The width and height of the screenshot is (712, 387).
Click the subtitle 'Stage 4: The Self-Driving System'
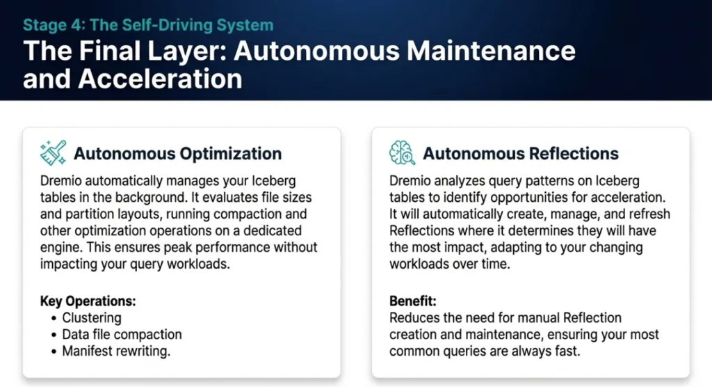click(x=148, y=25)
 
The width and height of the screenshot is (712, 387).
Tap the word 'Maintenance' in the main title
click(x=491, y=51)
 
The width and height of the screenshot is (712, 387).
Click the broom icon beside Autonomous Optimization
click(x=53, y=153)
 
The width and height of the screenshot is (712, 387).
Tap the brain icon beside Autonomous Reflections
click(x=402, y=153)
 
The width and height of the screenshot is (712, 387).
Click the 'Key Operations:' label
click(x=88, y=301)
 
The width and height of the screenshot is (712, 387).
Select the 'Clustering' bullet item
click(x=92, y=318)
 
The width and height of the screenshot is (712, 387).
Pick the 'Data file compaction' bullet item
click(x=122, y=335)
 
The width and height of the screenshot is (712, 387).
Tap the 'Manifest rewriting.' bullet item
click(x=116, y=351)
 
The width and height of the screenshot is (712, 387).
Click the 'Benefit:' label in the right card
click(x=413, y=301)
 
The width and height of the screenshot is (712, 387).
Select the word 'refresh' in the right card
click(x=648, y=214)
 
